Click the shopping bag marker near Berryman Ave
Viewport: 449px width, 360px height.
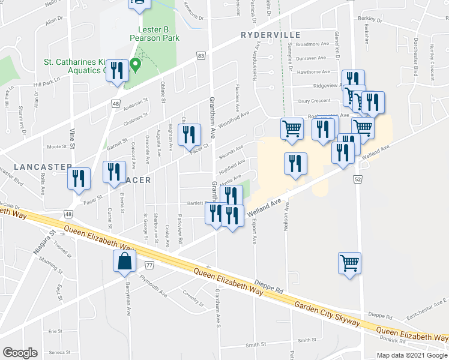pos(124,262)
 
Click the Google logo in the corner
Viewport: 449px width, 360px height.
pos(20,353)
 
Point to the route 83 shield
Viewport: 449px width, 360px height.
pos(200,56)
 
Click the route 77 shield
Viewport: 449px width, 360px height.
pos(149,265)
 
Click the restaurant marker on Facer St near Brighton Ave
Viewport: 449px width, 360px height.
pos(190,136)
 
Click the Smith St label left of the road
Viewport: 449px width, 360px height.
pos(255,346)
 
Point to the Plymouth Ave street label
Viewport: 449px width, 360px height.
pos(153,286)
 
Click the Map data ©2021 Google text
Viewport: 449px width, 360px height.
pos(412,355)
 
